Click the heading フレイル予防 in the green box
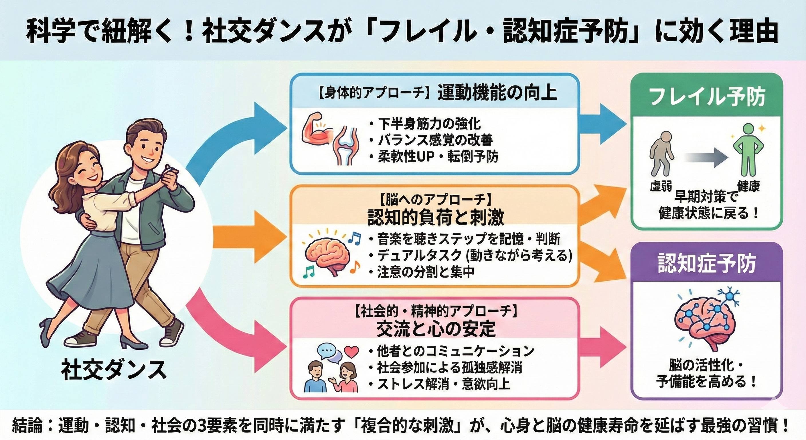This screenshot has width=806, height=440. coord(707,97)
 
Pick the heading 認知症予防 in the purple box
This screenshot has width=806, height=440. coord(707,263)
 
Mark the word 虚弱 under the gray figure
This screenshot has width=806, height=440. coord(661,187)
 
